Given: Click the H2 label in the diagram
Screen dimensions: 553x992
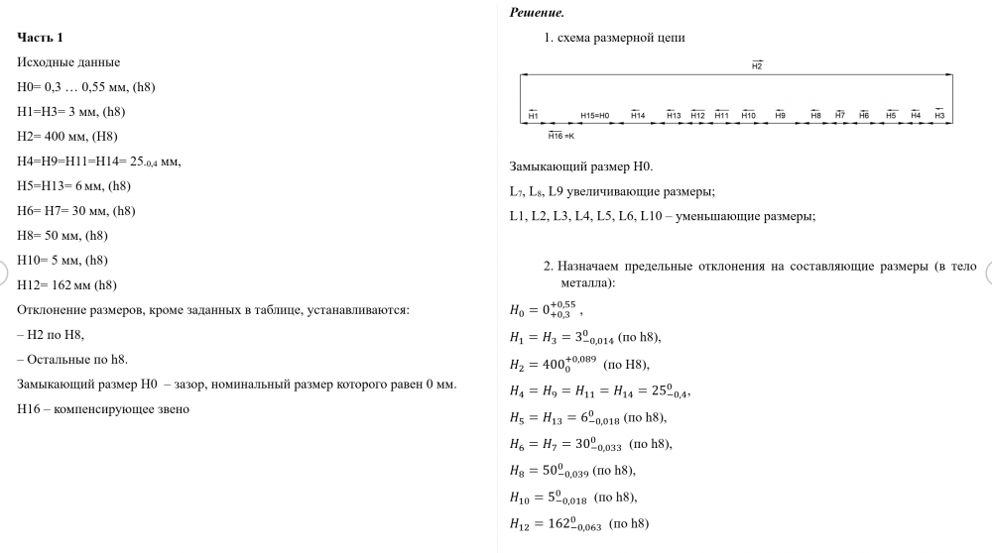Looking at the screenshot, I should pyautogui.click(x=757, y=65).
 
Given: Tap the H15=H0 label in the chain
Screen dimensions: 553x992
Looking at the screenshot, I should pyautogui.click(x=594, y=116).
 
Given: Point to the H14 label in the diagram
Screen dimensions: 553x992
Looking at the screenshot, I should pyautogui.click(x=638, y=116).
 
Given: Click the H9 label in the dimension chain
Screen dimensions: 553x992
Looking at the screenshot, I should pyautogui.click(x=781, y=116).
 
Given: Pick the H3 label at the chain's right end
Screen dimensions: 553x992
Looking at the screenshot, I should pyautogui.click(x=938, y=116).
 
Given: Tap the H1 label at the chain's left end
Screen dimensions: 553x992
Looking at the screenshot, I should pyautogui.click(x=533, y=116).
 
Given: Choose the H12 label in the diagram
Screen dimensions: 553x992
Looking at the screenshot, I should pyautogui.click(x=697, y=116).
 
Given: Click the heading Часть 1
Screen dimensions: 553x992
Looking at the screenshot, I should pyautogui.click(x=41, y=38).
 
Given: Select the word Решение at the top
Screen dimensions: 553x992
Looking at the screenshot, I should pyautogui.click(x=536, y=13).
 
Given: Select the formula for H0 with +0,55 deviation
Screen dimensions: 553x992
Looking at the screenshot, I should pyautogui.click(x=541, y=309).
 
